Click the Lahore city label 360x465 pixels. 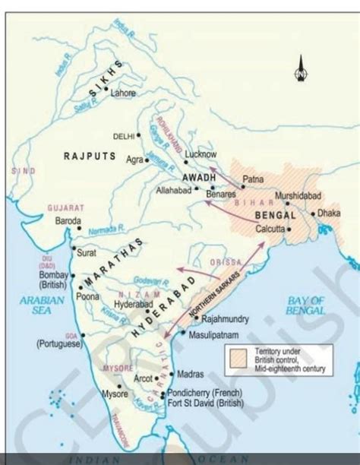pos(124,93)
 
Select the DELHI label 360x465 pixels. pos(123,136)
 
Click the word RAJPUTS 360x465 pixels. pos(90,156)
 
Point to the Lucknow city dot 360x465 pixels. pos(185,162)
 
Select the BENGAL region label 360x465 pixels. pos(276,217)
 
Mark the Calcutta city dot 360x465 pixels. pos(289,228)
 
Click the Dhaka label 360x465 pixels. pos(329,214)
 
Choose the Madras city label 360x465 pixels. pos(191,374)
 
